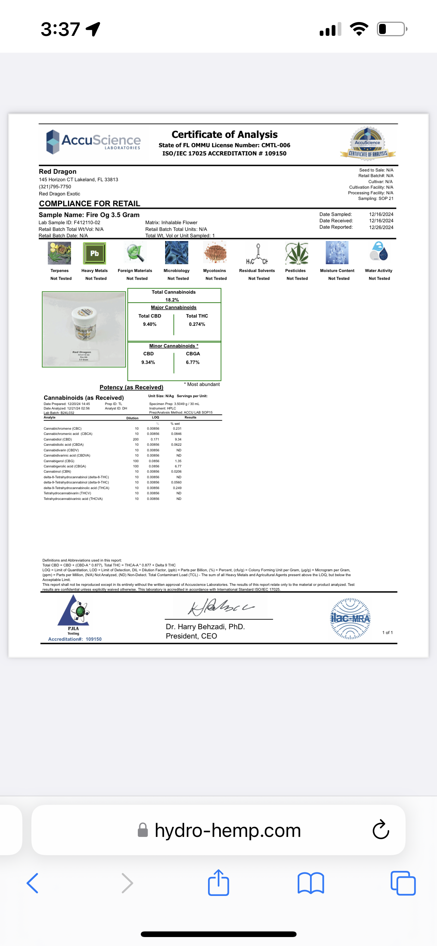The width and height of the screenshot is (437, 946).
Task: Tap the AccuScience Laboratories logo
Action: (x=93, y=142)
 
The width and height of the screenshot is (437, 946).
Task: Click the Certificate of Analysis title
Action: (x=224, y=135)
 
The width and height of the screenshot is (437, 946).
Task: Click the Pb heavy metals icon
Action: (x=94, y=253)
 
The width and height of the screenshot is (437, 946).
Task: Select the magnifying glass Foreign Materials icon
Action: (x=135, y=253)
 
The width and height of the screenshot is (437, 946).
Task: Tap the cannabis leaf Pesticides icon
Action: (x=297, y=253)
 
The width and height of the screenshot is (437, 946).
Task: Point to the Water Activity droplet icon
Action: (x=379, y=251)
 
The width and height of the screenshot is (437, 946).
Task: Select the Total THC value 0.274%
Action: (x=197, y=324)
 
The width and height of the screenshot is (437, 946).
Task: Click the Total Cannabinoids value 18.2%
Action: (x=172, y=300)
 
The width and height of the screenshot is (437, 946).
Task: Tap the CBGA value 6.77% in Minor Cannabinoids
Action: (x=193, y=362)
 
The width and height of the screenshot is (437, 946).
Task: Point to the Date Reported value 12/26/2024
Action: (x=381, y=227)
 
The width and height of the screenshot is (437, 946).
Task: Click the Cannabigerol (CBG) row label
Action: (x=59, y=461)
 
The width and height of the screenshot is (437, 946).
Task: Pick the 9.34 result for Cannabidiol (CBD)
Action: (x=178, y=439)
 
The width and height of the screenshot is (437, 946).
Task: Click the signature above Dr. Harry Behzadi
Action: (x=220, y=606)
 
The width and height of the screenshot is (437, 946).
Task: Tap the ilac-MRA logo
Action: (x=350, y=619)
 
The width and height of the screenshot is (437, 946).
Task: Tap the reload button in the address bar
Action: (x=381, y=830)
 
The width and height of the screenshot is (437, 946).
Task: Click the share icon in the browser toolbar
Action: (x=218, y=883)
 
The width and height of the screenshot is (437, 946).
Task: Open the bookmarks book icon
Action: (x=311, y=883)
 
